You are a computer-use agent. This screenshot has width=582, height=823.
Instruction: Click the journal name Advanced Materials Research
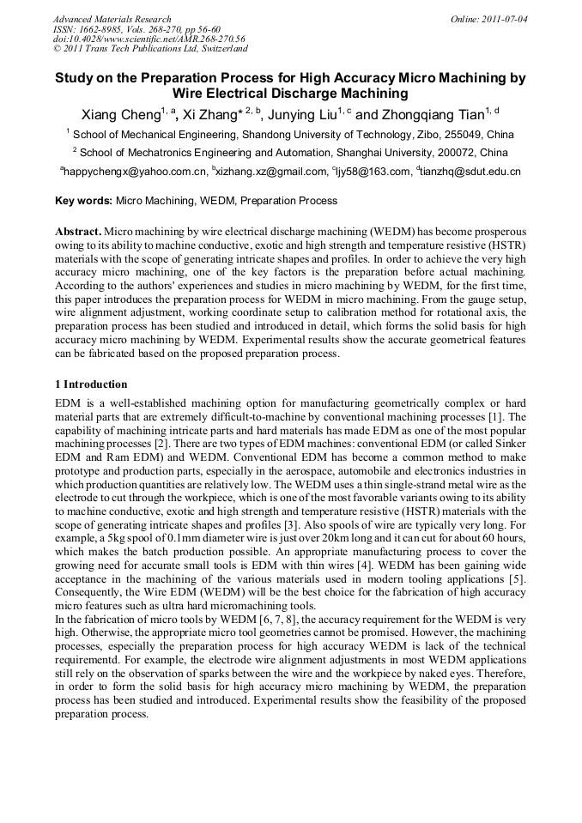(x=112, y=19)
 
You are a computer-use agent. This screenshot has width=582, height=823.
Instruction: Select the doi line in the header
(x=149, y=39)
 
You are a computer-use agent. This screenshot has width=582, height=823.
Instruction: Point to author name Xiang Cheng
(x=120, y=114)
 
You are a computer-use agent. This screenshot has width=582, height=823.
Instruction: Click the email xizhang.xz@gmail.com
(x=273, y=172)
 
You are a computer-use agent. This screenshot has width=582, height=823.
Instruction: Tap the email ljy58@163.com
(x=376, y=172)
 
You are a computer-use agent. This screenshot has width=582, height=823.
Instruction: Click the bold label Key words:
(x=83, y=201)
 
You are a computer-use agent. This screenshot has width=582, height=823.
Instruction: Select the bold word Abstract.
(x=78, y=233)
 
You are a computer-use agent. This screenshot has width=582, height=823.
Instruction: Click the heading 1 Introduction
(x=91, y=384)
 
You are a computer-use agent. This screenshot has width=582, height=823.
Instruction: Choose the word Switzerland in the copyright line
(x=214, y=48)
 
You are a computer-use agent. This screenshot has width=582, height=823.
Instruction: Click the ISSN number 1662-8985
(x=98, y=29)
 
